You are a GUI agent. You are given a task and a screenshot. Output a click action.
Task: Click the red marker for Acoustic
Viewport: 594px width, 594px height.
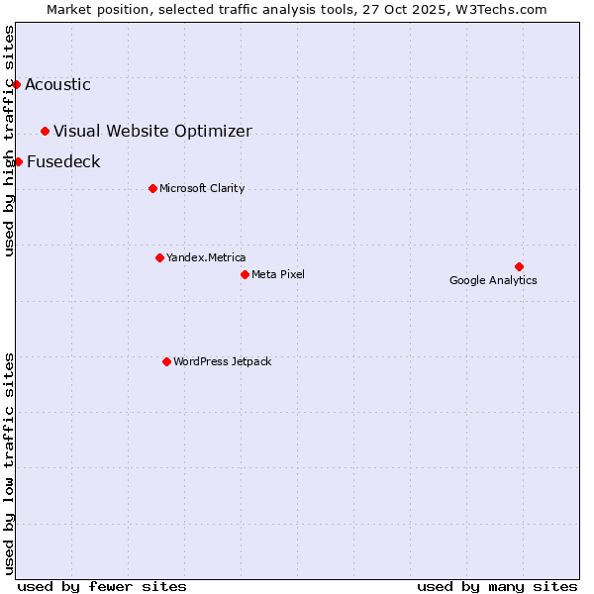click(16, 84)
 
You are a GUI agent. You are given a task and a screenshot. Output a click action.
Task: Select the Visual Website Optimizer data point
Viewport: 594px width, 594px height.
click(45, 131)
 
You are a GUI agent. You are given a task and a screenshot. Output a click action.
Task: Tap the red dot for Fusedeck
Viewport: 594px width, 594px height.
click(18, 161)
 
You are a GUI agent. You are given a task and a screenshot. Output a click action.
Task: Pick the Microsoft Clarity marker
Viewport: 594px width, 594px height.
click(152, 188)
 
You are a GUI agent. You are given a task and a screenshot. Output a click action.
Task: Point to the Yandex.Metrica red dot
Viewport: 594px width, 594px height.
click(159, 257)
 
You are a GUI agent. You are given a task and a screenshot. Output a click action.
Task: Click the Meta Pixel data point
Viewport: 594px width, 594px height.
click(245, 274)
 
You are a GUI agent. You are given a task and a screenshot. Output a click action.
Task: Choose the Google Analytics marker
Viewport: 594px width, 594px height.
click(519, 266)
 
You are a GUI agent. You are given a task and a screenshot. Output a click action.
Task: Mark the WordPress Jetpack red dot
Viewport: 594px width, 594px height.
click(166, 361)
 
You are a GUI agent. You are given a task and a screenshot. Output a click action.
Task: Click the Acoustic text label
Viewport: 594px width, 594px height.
click(57, 84)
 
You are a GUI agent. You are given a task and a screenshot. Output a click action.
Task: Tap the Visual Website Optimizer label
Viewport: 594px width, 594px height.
click(152, 131)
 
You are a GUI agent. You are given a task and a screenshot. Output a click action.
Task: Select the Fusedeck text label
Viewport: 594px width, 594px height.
click(63, 161)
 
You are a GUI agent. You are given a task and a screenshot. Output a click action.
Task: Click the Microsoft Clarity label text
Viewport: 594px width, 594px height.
click(202, 188)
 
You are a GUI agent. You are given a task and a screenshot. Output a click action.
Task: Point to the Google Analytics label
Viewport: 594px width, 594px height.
click(493, 280)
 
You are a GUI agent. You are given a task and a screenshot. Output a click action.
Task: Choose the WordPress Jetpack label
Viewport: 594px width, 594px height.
click(222, 361)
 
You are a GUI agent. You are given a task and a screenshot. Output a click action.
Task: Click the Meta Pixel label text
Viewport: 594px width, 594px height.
click(278, 274)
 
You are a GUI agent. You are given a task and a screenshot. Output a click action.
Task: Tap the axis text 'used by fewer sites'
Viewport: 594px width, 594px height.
click(102, 586)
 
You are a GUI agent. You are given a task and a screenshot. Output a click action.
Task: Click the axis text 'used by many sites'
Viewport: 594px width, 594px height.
click(497, 586)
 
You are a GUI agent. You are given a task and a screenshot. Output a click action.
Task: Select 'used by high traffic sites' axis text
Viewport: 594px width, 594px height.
click(9, 141)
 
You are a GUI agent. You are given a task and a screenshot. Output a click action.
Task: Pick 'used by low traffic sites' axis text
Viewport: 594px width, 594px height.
click(9, 462)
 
